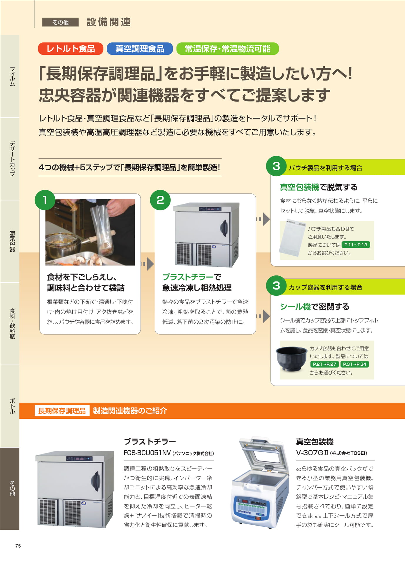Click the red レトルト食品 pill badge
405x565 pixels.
pos(71,49)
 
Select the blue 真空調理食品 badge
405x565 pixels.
pos(140,49)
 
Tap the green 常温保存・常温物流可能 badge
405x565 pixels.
pos(227,49)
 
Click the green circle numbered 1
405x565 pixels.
pos(45,200)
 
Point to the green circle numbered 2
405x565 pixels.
pos(160,200)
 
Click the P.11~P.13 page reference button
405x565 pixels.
pos(356,245)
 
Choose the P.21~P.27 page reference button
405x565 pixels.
pos(324,364)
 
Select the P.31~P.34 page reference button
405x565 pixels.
pos(355,364)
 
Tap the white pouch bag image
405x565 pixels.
pos(293,238)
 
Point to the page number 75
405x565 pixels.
pos(18,546)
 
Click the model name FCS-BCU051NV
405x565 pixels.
pos(147,453)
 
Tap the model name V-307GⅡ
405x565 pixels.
pos(312,453)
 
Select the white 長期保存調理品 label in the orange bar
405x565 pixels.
pos(62,411)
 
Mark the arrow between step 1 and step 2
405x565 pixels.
pos(147,264)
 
